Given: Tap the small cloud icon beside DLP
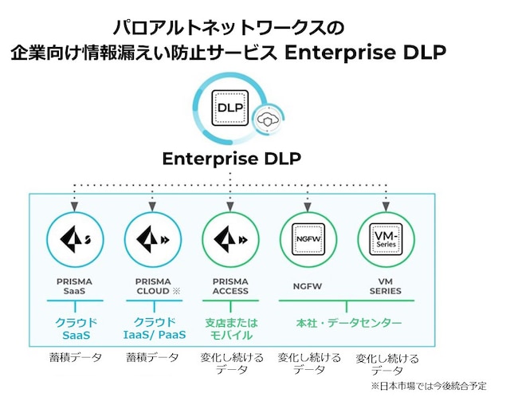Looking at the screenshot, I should tap(265, 122).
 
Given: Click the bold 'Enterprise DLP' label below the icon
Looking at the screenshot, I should tap(231, 159).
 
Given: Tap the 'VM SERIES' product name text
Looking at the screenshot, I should tap(386, 286).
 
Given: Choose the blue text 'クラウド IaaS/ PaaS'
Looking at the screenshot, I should tap(155, 328).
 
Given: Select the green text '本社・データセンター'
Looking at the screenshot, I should tap(346, 323).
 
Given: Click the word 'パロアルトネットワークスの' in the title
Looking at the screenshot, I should tap(229, 29).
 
